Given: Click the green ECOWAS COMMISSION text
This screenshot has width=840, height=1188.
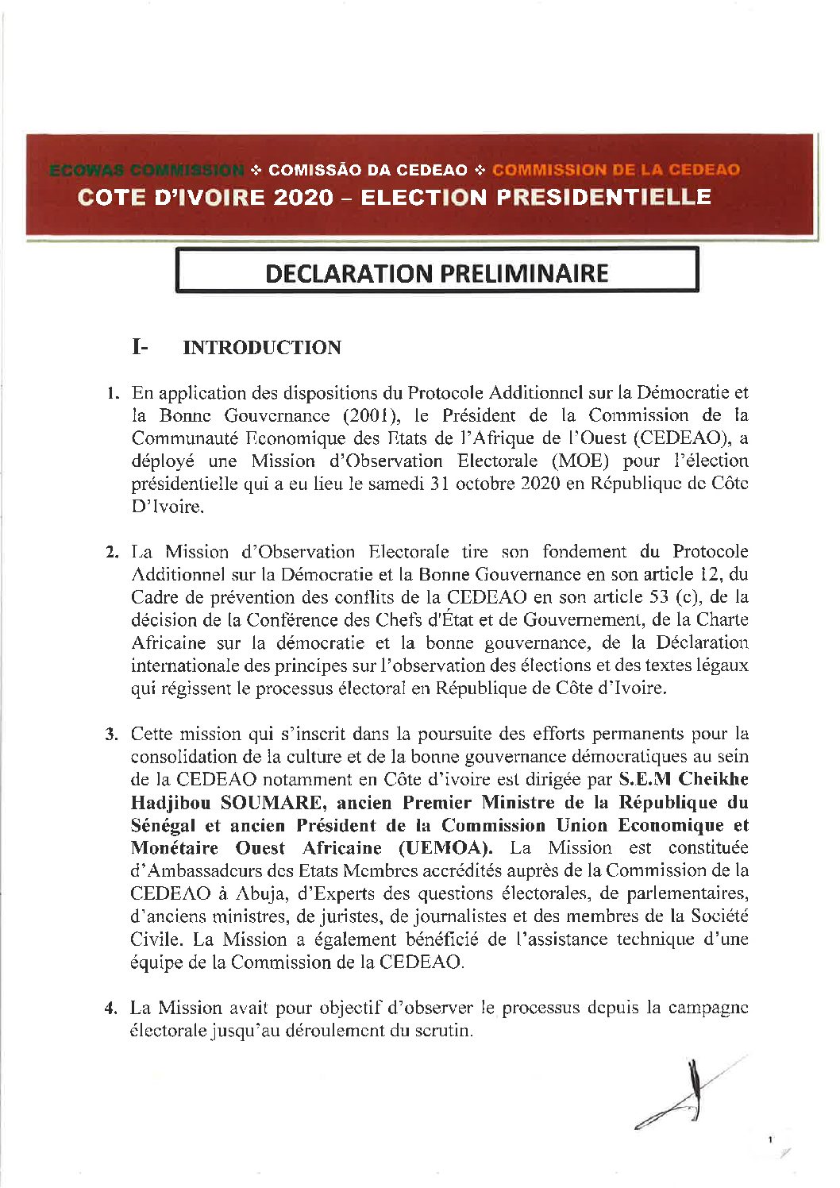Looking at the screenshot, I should [x=147, y=170].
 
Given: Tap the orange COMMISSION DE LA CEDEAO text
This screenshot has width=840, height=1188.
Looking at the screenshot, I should [x=616, y=170].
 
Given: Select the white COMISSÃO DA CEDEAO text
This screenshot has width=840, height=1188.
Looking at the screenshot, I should [x=368, y=170].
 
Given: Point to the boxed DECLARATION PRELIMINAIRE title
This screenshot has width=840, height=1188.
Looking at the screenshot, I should [x=437, y=273].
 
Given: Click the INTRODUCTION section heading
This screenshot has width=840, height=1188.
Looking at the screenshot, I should [x=262, y=348].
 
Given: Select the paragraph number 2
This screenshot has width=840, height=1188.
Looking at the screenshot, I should [x=112, y=552].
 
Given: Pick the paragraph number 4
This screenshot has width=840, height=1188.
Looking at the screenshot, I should [x=112, y=1009].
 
